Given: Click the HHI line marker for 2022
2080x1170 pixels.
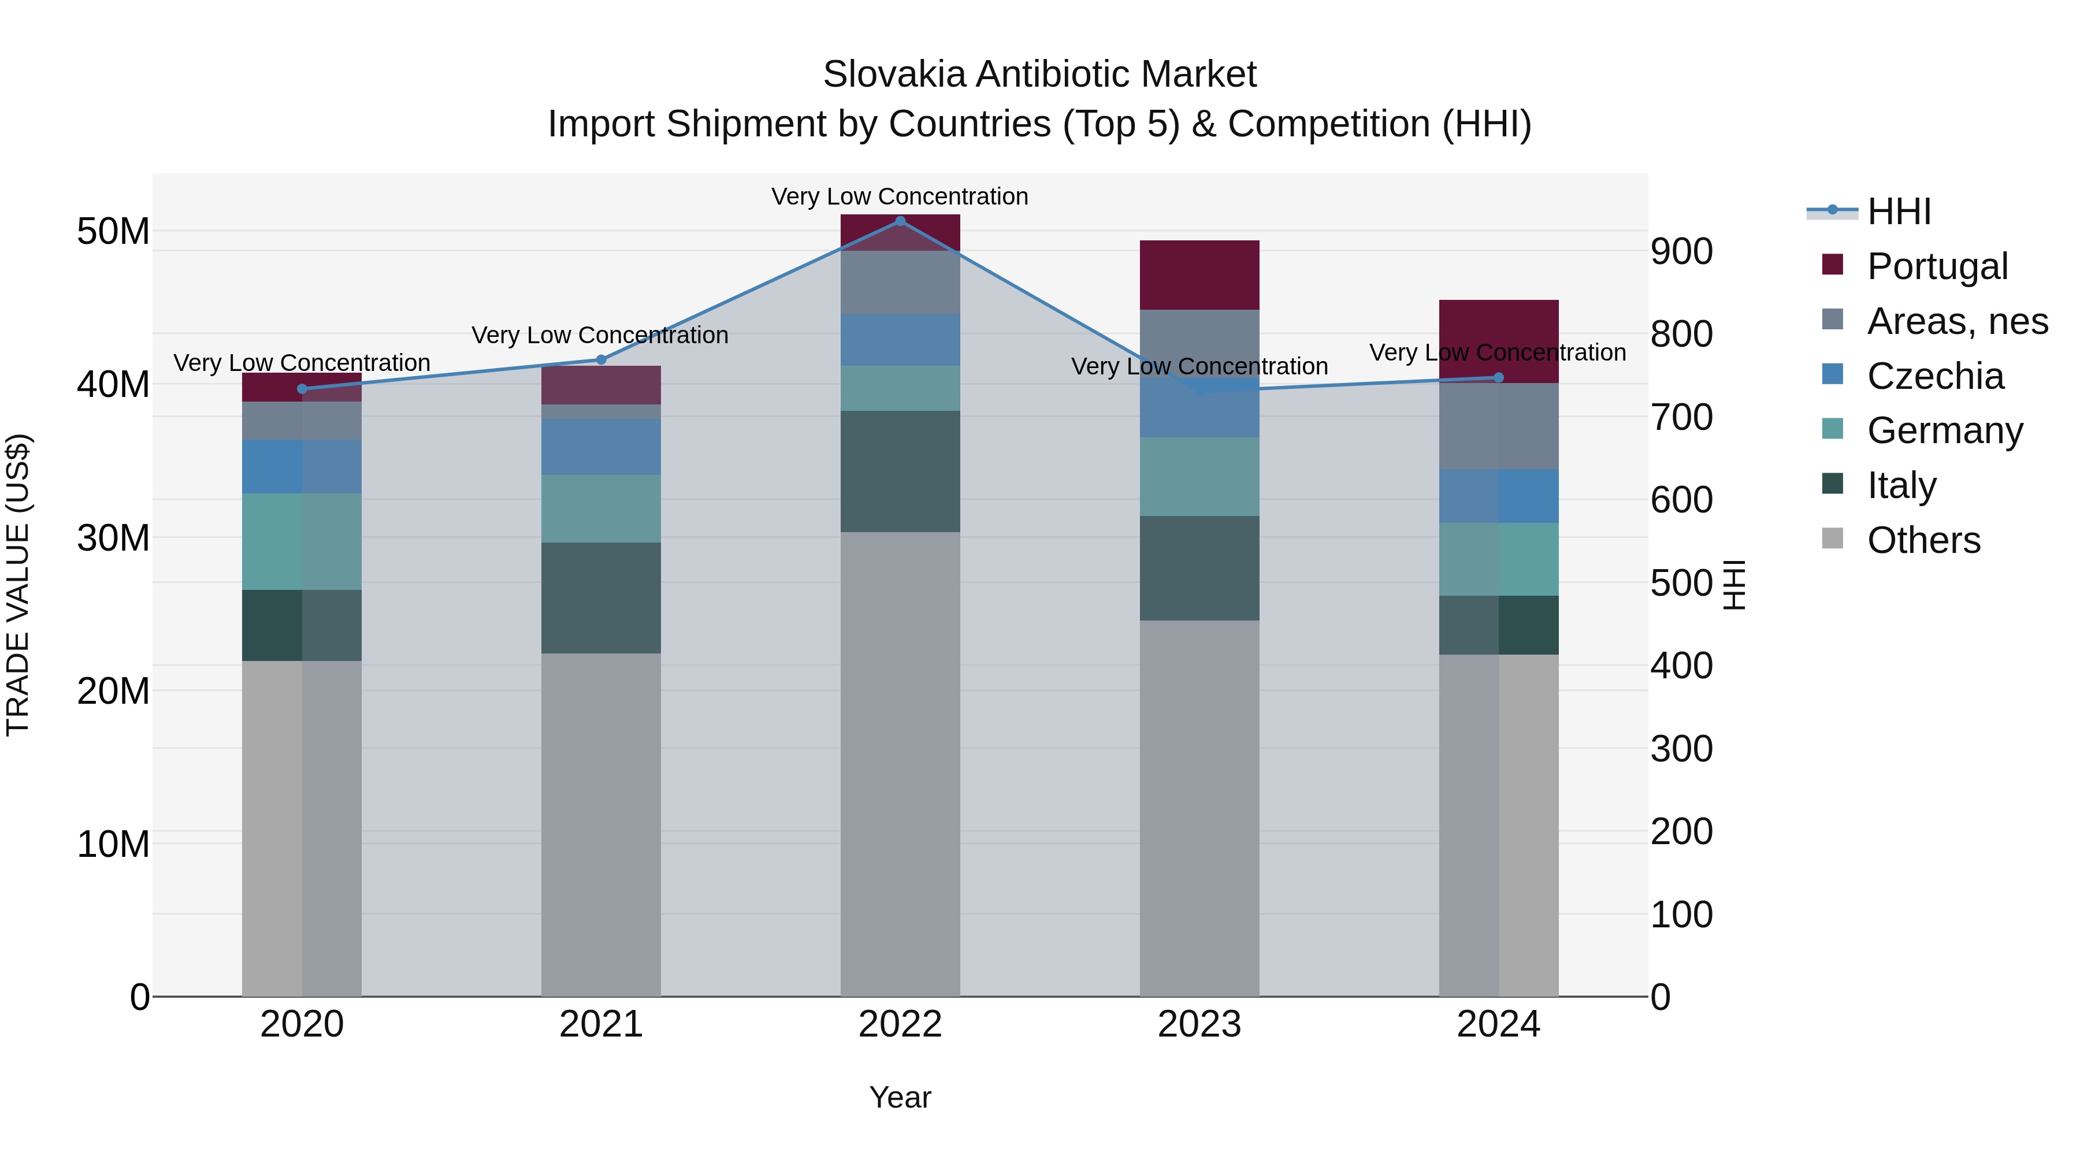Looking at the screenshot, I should pyautogui.click(x=900, y=221).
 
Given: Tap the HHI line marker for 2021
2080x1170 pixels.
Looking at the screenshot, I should pyautogui.click(x=601, y=359).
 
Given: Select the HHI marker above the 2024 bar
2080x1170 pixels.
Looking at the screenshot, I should pyautogui.click(x=1499, y=377).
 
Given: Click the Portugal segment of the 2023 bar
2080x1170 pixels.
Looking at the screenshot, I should pyautogui.click(x=1199, y=274).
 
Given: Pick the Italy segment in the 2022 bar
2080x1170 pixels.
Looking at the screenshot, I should pyautogui.click(x=900, y=471).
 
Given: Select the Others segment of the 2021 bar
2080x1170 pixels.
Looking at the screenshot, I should pyautogui.click(x=601, y=823).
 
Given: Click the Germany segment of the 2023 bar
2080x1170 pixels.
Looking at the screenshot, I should pyautogui.click(x=1199, y=477).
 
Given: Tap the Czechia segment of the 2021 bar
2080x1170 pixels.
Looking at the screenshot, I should pyautogui.click(x=601, y=447).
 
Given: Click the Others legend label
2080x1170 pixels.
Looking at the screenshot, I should pyautogui.click(x=1923, y=540).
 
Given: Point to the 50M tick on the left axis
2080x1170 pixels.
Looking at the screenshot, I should pyautogui.click(x=113, y=232).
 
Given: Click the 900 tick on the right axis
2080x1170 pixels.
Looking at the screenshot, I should pyautogui.click(x=1682, y=252).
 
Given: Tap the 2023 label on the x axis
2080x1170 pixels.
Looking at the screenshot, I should pyautogui.click(x=1199, y=1024).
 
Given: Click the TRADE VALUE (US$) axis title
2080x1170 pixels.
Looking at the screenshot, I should pyautogui.click(x=18, y=585).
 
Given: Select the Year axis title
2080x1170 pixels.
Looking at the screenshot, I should pyautogui.click(x=900, y=1097).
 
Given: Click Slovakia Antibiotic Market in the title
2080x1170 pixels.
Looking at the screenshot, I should pyautogui.click(x=1039, y=75).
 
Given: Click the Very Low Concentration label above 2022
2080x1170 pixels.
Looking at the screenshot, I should pyautogui.click(x=900, y=196).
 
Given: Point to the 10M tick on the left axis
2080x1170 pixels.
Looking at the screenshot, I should pyautogui.click(x=113, y=845).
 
